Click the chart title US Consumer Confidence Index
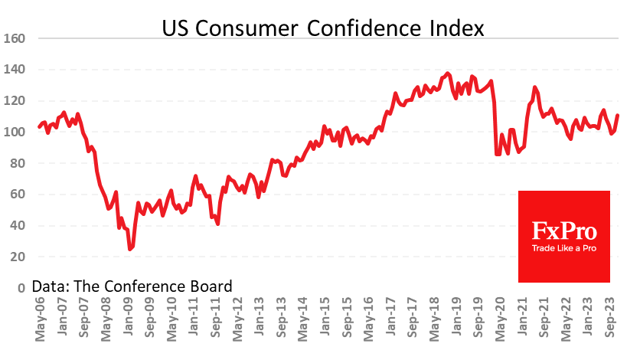click(x=322, y=28)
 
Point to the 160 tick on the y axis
click(x=15, y=38)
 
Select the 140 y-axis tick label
click(x=15, y=70)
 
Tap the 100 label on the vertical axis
click(x=15, y=132)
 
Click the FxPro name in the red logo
click(x=564, y=231)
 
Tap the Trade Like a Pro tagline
click(x=564, y=249)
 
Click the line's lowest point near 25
click(x=130, y=249)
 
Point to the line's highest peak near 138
click(x=448, y=74)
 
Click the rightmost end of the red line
click(x=618, y=116)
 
